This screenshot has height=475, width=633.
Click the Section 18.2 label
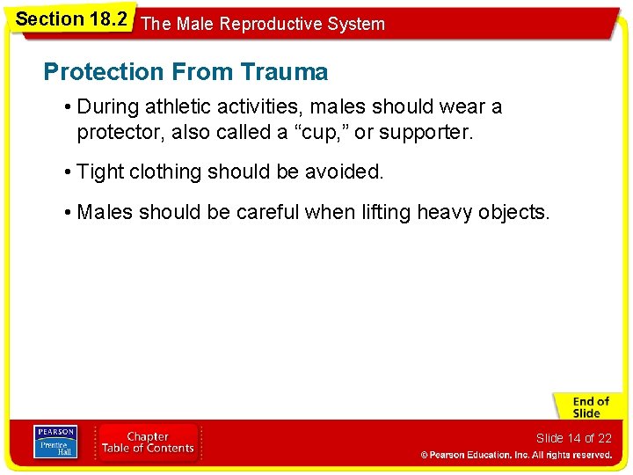coord(70,19)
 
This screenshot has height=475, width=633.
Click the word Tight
coord(100,172)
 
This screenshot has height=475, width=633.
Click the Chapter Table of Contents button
coord(148,442)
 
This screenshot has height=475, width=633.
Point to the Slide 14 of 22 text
coord(573,438)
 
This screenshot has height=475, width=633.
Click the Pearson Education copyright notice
coord(516,455)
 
